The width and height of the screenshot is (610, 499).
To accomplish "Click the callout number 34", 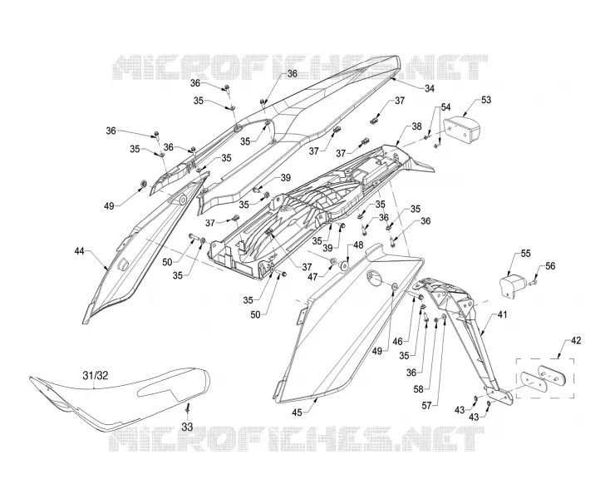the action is (429, 88).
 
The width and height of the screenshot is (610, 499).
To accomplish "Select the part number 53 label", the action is (486, 100).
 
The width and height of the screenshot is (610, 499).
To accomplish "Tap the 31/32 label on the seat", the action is (96, 376).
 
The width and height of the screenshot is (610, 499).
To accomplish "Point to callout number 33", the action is (187, 427).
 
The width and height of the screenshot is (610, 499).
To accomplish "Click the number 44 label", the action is (79, 251).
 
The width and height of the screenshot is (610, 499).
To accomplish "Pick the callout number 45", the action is (297, 413).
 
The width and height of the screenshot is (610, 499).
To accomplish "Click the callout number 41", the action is (502, 314).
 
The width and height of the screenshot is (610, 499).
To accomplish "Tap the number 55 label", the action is (525, 254).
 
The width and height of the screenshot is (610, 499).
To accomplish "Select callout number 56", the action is (550, 266).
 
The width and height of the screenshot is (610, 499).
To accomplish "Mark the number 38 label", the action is (416, 126).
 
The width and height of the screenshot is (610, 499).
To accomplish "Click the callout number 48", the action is (358, 245).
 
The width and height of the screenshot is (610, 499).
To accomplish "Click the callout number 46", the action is (397, 342).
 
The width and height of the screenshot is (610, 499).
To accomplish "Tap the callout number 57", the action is (427, 406).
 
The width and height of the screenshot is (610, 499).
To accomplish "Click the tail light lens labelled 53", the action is (462, 129).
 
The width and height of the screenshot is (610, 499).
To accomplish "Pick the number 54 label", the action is (445, 106).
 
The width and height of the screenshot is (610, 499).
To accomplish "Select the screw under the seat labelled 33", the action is (188, 408).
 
